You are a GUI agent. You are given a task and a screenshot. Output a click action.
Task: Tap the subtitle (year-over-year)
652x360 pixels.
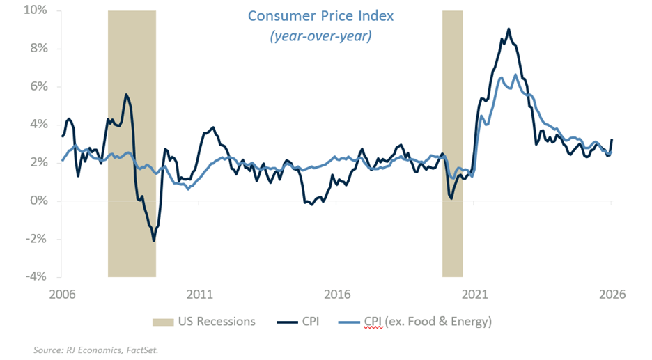coord(320,36)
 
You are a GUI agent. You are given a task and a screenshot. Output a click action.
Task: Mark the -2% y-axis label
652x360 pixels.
coord(36,239)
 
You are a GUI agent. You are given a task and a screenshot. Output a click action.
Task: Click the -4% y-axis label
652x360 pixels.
coord(36,276)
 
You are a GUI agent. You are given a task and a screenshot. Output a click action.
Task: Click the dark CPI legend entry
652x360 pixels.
coord(301,322)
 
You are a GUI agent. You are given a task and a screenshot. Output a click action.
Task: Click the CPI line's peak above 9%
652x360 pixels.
coord(509,29)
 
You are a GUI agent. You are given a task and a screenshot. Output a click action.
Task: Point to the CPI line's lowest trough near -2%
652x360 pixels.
coord(153,240)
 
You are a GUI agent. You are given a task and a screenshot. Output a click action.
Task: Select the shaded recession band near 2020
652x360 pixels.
coord(452,139)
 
